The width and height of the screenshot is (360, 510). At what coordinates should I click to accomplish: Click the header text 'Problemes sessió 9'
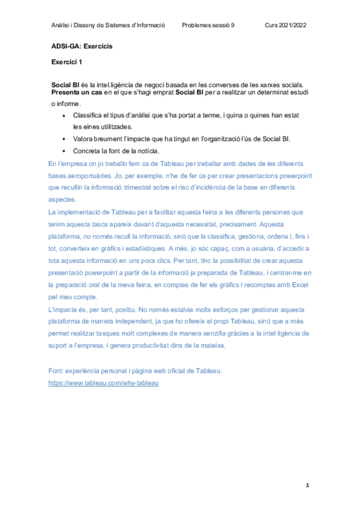209,25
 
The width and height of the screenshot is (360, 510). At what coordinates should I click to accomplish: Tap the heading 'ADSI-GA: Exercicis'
82,46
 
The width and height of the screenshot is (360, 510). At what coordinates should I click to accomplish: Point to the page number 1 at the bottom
307,484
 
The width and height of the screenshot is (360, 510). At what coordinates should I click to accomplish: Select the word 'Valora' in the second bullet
84,138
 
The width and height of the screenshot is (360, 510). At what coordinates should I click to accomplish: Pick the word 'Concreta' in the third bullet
88,150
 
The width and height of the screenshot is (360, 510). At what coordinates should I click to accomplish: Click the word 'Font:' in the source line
56,370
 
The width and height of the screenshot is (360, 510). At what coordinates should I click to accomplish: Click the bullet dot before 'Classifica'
64,115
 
